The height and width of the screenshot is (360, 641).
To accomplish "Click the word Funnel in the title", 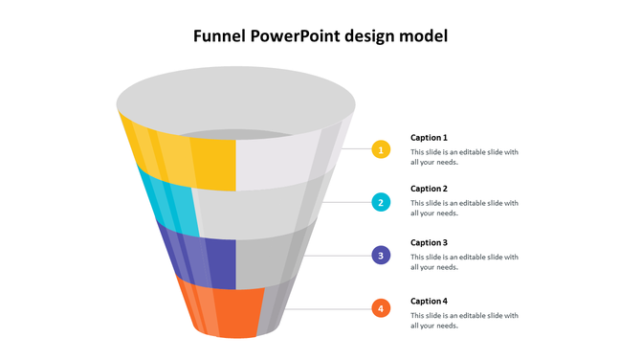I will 220,37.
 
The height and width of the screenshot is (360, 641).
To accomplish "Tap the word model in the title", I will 423,37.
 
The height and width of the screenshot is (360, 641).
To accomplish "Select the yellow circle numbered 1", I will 381,149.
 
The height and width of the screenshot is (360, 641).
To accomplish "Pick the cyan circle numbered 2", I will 381,202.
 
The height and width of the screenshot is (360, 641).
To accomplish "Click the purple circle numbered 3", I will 381,256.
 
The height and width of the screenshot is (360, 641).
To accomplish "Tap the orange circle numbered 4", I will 381,308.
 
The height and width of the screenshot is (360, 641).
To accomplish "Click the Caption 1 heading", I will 429,138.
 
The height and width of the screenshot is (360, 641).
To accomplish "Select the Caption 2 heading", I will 429,190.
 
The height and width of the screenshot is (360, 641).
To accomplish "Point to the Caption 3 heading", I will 429,243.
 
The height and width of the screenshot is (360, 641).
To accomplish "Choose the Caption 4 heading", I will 429,301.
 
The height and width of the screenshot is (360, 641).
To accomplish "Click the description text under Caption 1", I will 464,157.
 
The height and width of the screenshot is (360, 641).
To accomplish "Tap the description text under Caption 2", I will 464,208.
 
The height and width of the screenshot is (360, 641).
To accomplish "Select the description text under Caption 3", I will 464,262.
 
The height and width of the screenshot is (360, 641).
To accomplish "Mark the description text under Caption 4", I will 464,320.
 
